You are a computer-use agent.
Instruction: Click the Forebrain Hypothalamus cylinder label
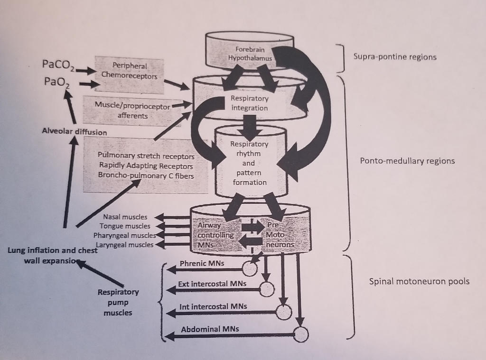(x=250, y=54)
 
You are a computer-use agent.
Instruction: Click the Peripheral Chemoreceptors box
(x=129, y=71)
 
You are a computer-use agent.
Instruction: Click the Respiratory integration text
(x=249, y=103)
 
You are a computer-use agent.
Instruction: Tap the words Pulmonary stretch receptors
(x=146, y=156)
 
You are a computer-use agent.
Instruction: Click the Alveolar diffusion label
(x=74, y=132)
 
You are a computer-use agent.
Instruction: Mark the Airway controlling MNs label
(x=215, y=235)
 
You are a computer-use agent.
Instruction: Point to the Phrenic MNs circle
(x=250, y=269)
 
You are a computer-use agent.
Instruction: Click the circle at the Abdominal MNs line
(x=301, y=335)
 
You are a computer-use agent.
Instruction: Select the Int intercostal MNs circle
(x=284, y=312)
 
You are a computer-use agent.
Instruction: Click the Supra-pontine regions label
(x=394, y=57)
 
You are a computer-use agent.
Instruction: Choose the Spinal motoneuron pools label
(x=419, y=281)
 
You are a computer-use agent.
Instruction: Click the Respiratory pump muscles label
(x=118, y=302)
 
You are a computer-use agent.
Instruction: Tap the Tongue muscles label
(x=125, y=226)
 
